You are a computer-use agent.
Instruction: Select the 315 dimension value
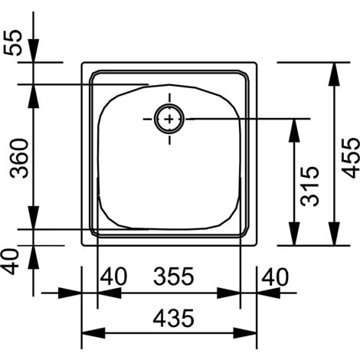(309, 188)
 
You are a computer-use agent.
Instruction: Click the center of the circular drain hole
(169, 119)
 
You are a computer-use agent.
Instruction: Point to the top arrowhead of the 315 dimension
(293, 127)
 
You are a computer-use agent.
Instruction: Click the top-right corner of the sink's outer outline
(256, 63)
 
